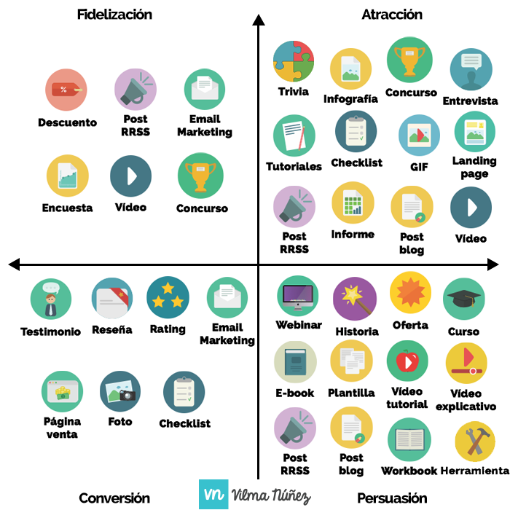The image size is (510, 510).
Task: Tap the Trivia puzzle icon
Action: pos(294,61)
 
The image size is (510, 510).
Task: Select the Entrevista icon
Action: pos(471,70)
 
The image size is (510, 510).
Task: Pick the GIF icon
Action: pos(419,135)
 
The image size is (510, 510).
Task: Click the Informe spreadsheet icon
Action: pos(353,203)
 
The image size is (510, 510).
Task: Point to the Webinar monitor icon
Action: pos(298,296)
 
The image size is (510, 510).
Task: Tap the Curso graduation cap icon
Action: pos(463,299)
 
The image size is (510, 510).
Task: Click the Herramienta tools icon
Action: pos(475,442)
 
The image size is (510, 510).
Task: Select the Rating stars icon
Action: pos(168,298)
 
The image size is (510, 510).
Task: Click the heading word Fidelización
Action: pos(114,15)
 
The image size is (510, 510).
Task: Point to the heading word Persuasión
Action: pos(392,498)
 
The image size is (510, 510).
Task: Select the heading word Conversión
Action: pos(114,498)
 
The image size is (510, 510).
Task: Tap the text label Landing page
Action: pos(474,168)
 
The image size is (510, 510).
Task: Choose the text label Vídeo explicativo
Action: pos(466,400)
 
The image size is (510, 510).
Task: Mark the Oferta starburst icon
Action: pos(410,292)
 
